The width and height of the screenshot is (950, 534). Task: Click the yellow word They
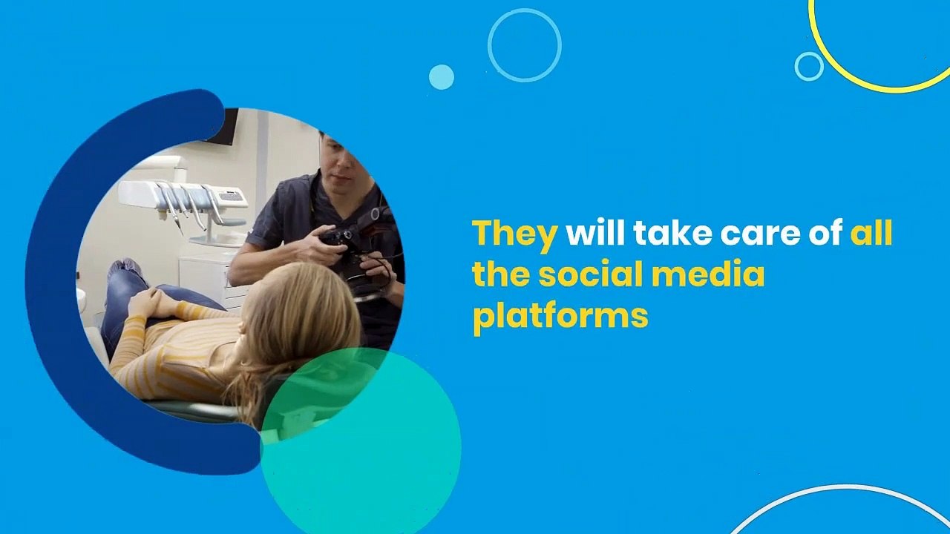(x=514, y=235)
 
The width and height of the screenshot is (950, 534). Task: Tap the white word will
(x=595, y=232)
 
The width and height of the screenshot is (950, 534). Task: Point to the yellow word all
(x=871, y=232)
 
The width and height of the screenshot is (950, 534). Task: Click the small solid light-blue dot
(x=441, y=77)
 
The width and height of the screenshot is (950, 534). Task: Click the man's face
(x=339, y=163)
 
